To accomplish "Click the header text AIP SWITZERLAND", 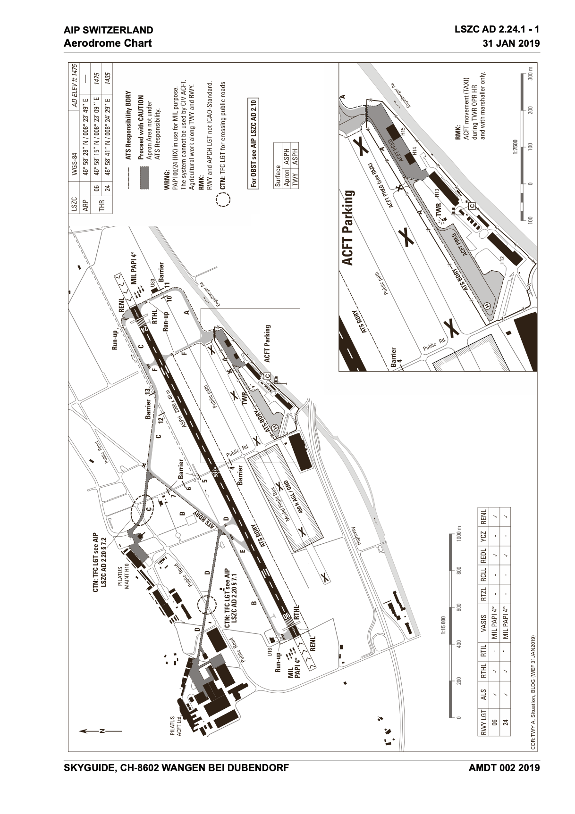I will coord(109,30).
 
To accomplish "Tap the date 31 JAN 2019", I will coord(510,43).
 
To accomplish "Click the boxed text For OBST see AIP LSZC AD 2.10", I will coord(253,144).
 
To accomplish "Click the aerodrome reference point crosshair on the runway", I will coord(216,471).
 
